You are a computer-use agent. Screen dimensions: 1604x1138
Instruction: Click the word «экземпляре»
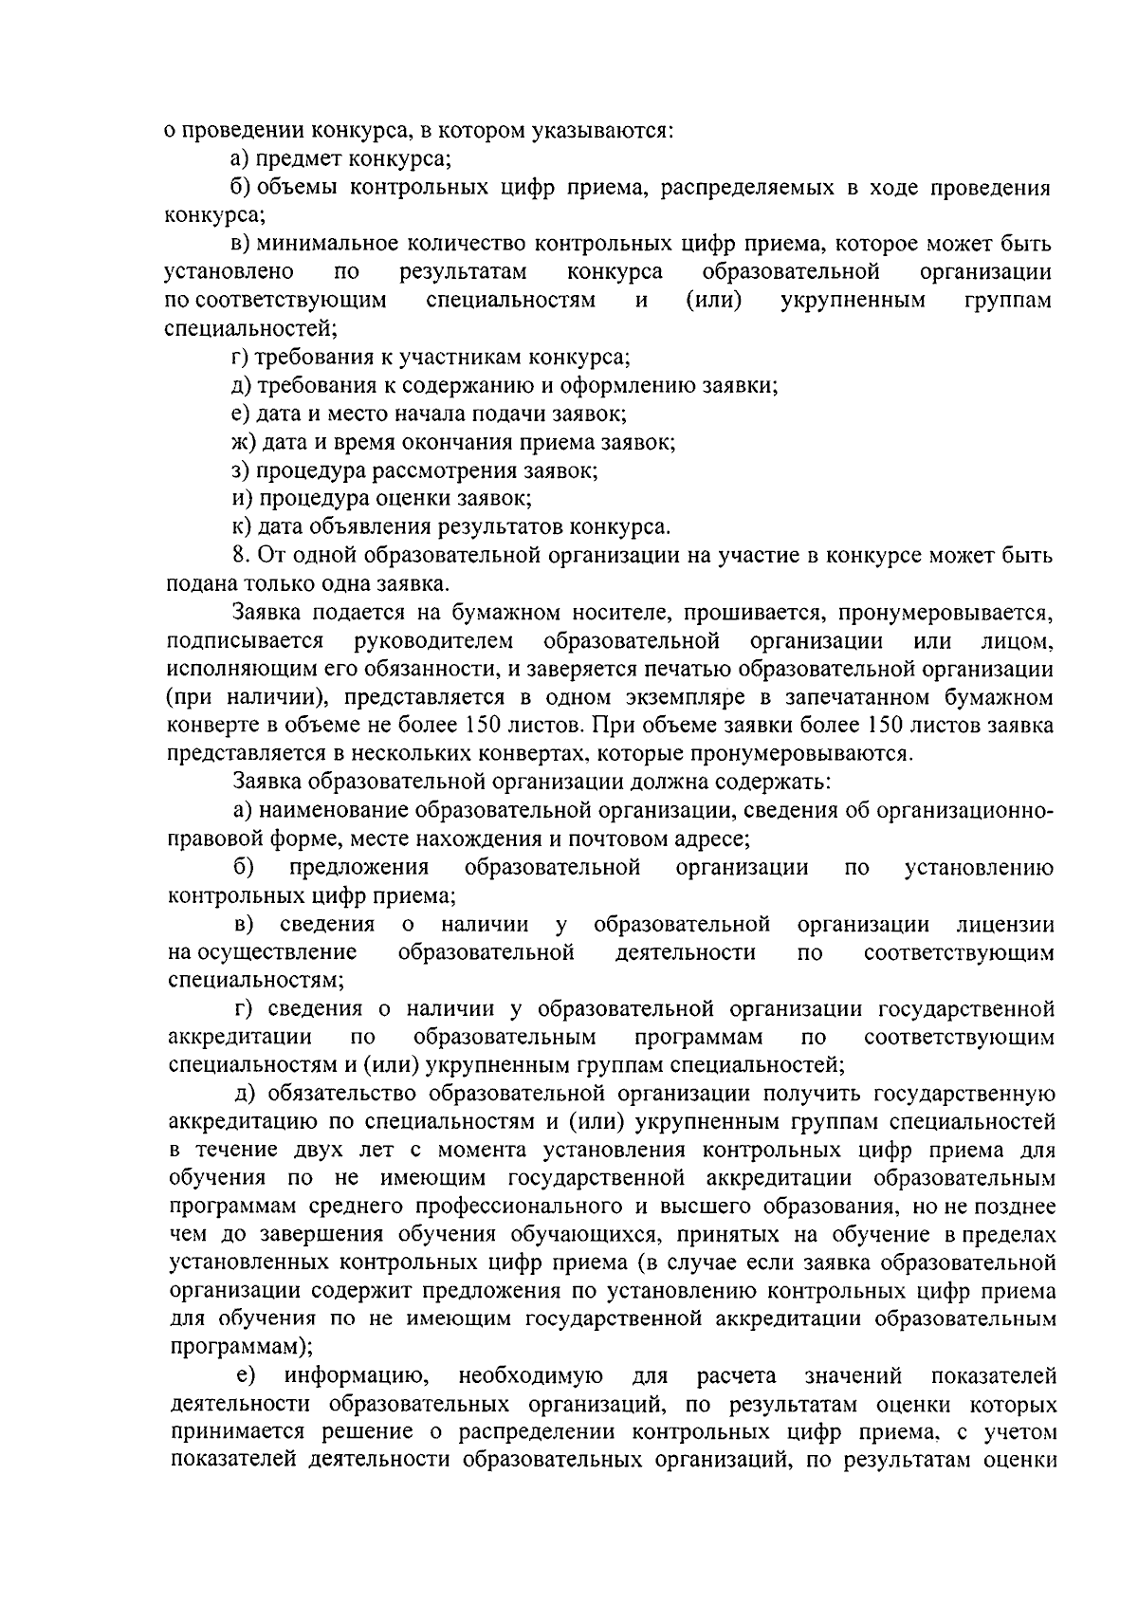[x=631, y=698]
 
